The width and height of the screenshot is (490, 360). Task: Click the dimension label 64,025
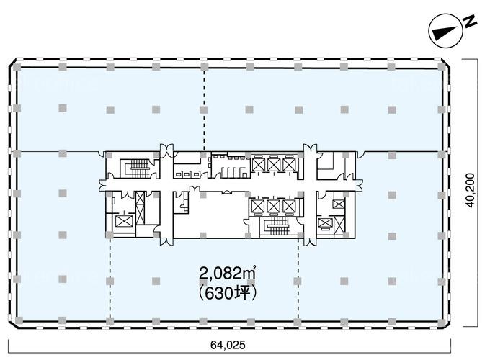[x=228, y=345]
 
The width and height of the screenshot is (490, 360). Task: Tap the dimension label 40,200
[x=470, y=190]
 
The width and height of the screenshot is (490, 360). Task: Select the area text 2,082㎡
[x=228, y=274]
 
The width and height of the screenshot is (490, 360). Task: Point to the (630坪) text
[x=228, y=294]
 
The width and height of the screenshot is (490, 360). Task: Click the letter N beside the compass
[x=470, y=22]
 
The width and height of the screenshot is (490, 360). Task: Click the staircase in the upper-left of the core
[x=139, y=169]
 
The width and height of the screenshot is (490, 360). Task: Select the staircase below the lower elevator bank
[x=277, y=226]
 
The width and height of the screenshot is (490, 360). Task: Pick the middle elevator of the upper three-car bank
[x=274, y=165]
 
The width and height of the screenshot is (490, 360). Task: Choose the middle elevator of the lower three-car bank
[x=274, y=206]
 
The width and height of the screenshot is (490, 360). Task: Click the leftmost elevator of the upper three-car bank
[x=259, y=165]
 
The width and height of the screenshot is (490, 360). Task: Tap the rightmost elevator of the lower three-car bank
[x=289, y=206]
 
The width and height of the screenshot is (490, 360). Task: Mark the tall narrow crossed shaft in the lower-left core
[x=141, y=207]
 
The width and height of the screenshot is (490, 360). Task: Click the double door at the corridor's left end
[x=102, y=185]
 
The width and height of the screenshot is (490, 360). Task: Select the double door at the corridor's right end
[x=359, y=185]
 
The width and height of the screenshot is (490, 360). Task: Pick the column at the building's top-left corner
[x=17, y=67]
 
